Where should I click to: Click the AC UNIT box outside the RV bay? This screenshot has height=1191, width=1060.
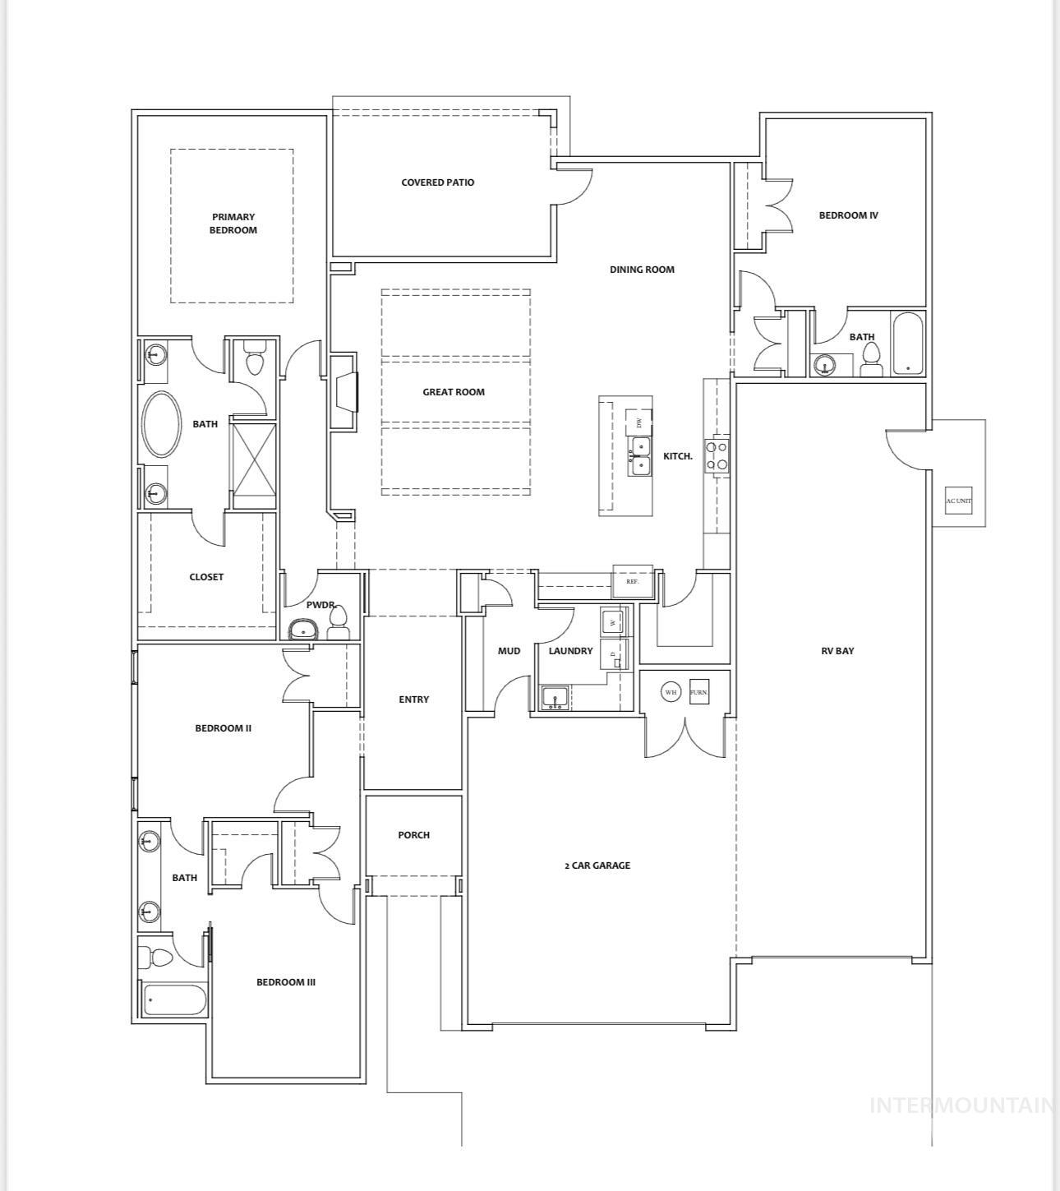tap(958, 501)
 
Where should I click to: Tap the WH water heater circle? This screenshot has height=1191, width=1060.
tap(671, 692)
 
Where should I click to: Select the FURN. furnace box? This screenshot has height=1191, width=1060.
tap(699, 691)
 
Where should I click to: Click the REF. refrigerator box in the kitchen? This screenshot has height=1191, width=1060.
tap(633, 581)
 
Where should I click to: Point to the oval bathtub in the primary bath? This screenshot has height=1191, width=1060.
tap(162, 423)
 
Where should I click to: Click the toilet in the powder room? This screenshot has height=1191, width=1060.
tap(338, 624)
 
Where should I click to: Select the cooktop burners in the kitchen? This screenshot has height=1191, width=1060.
tap(717, 455)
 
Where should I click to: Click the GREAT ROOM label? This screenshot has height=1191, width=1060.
tap(454, 392)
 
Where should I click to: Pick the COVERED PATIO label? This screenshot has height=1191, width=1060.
tap(437, 182)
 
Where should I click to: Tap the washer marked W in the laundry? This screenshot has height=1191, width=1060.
tap(613, 622)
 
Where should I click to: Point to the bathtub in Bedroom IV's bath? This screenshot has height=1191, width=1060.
tap(908, 343)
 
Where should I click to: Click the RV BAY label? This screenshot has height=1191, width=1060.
tap(837, 650)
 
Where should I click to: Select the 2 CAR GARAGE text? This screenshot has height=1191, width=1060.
tap(597, 866)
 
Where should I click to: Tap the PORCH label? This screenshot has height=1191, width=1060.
tap(413, 835)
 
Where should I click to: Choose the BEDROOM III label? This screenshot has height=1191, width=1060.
tap(286, 982)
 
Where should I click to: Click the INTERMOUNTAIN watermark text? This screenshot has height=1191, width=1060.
tap(961, 1106)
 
